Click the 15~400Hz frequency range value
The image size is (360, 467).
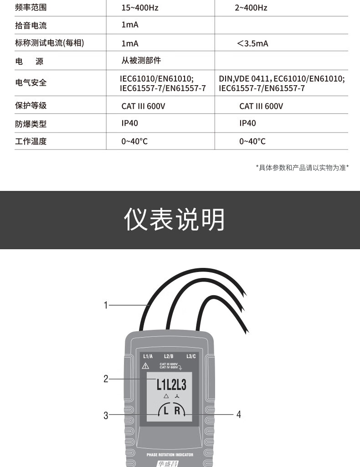pos(139,7)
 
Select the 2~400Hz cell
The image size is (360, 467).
pos(251,7)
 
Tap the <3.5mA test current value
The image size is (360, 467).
pos(252,43)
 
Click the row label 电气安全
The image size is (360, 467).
pos(31,82)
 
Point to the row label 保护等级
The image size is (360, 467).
pos(31,105)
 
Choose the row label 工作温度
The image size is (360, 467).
pos(31,141)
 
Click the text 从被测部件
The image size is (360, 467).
pos(141,61)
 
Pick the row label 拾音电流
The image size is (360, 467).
pos(31,26)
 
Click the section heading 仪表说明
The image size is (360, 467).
pos(174,220)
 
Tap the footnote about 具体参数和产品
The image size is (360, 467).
pos(302,168)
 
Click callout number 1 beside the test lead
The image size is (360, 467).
pos(106,305)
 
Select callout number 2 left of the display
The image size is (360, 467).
pos(106,379)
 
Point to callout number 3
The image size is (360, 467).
pos(106,415)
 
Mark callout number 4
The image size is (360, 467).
pos(238,414)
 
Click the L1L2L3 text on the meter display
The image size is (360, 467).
pos(171,385)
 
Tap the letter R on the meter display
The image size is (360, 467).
pos(177,411)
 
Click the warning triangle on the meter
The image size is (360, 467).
pos(146,366)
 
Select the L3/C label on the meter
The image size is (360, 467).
pos(191,356)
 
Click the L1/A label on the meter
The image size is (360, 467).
pos(148,356)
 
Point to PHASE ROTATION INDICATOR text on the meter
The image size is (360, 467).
pos(170,455)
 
